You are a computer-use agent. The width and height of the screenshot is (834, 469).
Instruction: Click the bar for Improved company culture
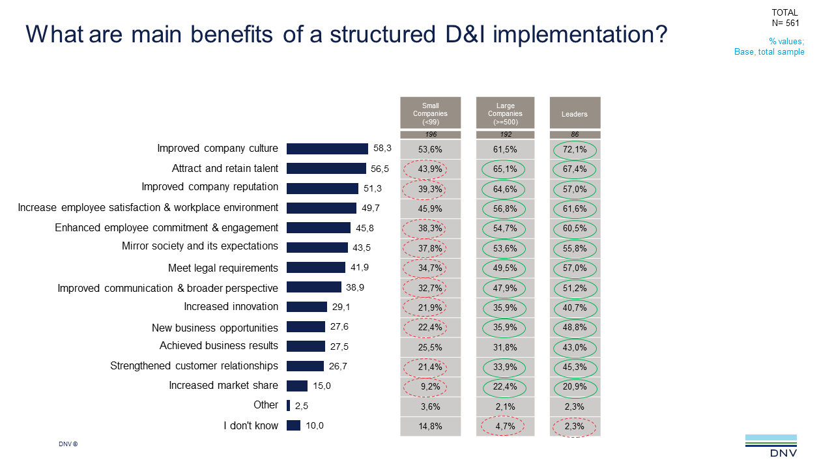pyautogui.click(x=327, y=149)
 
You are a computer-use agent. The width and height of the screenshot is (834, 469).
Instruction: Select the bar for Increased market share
pyautogui.click(x=297, y=386)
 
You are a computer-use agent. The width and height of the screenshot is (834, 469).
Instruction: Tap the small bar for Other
pyautogui.click(x=288, y=405)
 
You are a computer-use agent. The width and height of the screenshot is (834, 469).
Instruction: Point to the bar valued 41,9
pyautogui.click(x=316, y=268)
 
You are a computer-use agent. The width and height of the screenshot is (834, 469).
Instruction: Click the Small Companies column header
pyautogui.click(x=430, y=113)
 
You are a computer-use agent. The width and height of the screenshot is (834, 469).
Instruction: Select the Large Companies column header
pyautogui.click(x=505, y=113)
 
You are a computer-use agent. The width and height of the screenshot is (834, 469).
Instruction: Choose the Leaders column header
pyautogui.click(x=575, y=113)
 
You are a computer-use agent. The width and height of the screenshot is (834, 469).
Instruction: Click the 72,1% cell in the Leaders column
pyautogui.click(x=575, y=149)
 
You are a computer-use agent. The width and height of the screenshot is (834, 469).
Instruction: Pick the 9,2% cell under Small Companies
pyautogui.click(x=430, y=387)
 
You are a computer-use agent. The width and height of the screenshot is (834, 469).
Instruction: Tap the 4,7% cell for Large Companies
pyautogui.click(x=505, y=427)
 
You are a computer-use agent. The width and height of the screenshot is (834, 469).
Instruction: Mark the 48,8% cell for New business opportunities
pyautogui.click(x=575, y=328)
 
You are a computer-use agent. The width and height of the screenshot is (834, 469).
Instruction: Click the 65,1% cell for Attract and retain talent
pyautogui.click(x=505, y=169)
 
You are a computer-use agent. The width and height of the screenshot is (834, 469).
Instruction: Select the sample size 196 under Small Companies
pyautogui.click(x=430, y=135)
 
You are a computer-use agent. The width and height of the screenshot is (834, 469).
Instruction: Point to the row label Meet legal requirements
pyautogui.click(x=223, y=268)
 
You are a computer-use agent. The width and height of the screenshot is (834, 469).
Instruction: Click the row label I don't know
pyautogui.click(x=251, y=425)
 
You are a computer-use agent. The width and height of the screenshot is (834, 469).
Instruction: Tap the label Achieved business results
pyautogui.click(x=219, y=346)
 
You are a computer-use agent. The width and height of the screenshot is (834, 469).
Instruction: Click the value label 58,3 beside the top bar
pyautogui.click(x=382, y=149)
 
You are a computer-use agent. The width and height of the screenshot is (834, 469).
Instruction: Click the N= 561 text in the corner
pyautogui.click(x=784, y=23)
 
